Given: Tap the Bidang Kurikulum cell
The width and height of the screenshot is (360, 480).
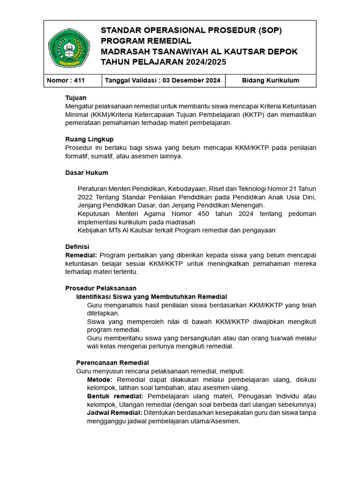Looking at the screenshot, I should (270, 81).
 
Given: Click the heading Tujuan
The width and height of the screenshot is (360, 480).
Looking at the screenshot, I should (75, 97).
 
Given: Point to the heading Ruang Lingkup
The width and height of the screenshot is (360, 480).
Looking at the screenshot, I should (89, 139).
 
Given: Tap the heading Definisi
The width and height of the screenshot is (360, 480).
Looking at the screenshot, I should (77, 247).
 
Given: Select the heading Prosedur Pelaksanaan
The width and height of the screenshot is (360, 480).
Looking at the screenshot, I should (100, 288).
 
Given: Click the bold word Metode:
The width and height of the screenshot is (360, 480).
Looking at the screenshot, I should (100, 379).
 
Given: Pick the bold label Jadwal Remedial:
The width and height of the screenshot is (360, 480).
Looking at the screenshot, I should (114, 412).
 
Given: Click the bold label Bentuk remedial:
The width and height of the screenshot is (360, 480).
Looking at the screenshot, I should (115, 396).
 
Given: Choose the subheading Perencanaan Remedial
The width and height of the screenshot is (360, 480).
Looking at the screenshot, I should (112, 363).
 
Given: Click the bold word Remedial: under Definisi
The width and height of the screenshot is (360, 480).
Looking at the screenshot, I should (81, 255).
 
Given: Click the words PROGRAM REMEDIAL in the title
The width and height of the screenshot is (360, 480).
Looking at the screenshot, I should (146, 41).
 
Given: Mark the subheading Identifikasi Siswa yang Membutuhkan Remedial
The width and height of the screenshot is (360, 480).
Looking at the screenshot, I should (151, 297).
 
